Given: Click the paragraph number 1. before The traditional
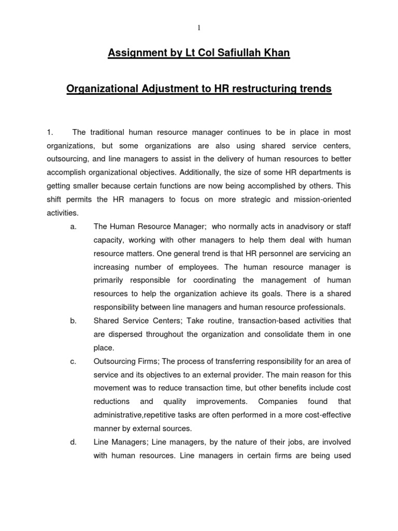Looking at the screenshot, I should pos(50,133).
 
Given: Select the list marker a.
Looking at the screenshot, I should pos(73,227).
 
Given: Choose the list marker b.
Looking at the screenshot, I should pos(73,321).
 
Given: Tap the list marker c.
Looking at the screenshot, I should pos(73,361).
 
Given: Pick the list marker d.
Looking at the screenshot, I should pos(73,442).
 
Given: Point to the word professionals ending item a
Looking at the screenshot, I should pos(315,308).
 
